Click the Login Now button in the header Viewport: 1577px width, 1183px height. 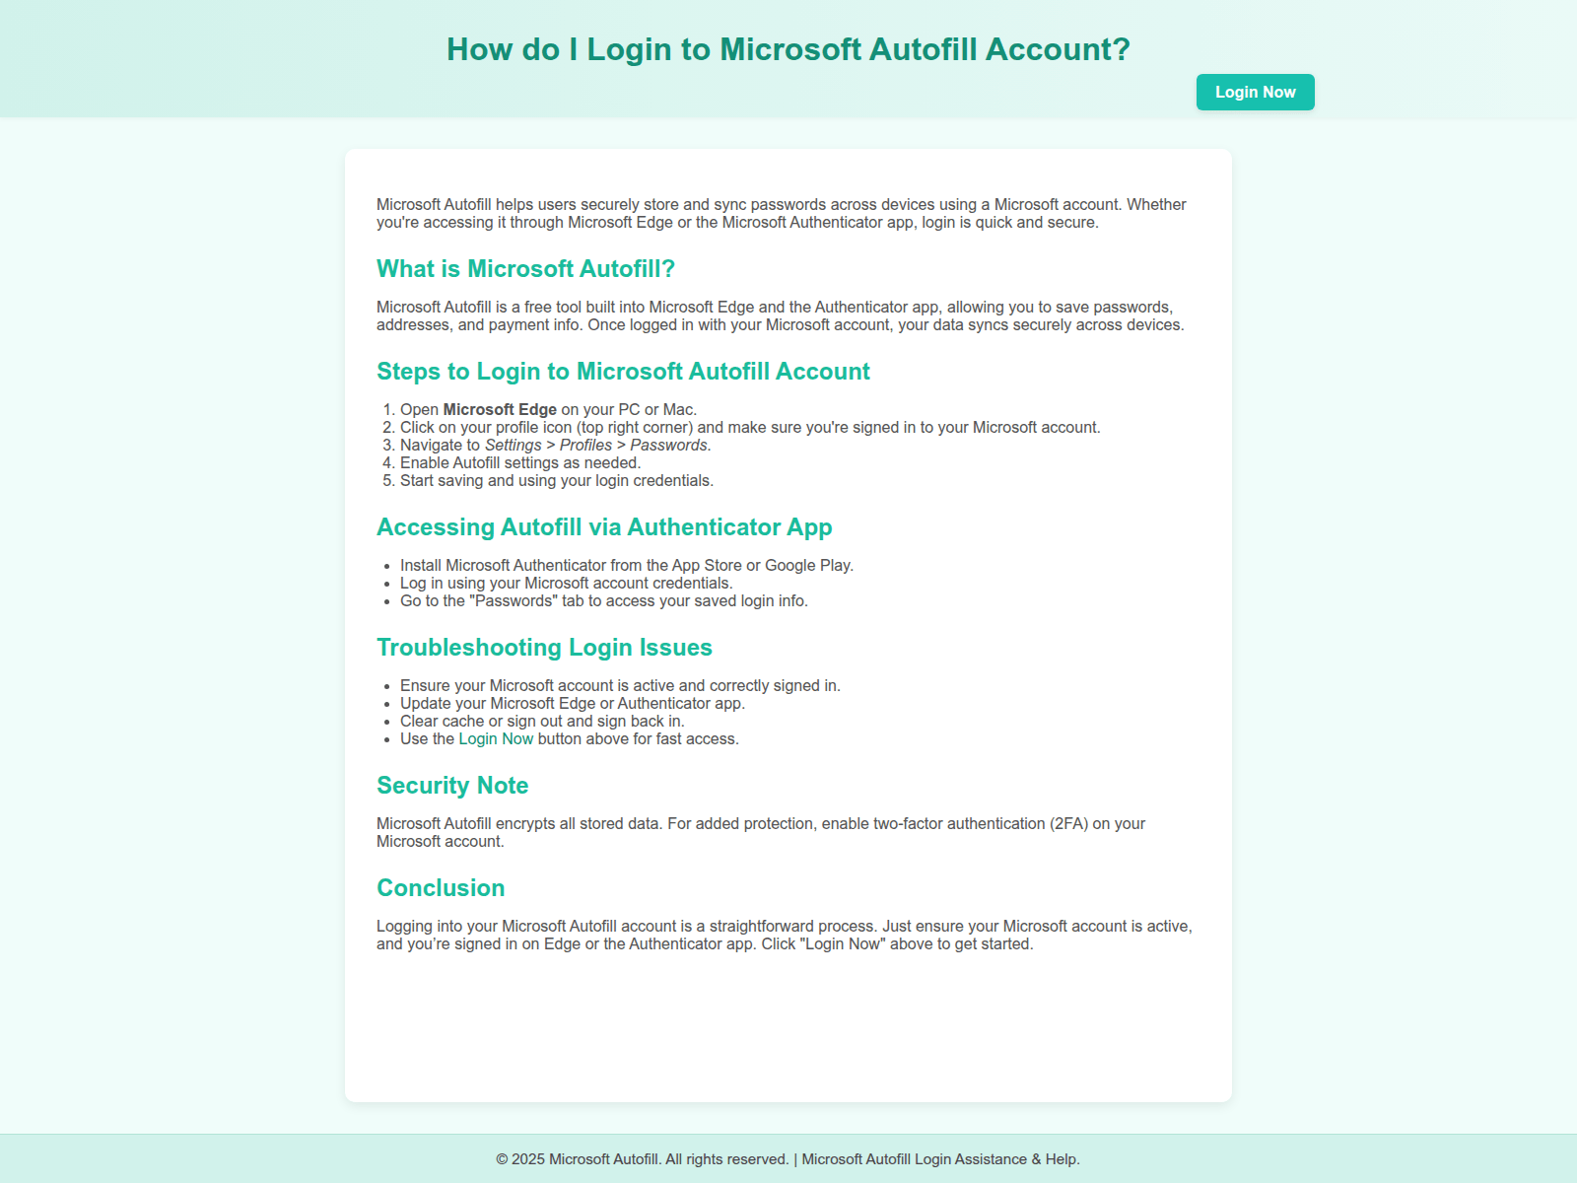1255,92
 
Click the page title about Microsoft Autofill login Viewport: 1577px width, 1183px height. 788,49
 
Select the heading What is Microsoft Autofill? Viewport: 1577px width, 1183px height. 525,269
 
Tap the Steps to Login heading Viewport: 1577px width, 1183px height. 623,372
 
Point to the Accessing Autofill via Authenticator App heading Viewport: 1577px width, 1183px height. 604,527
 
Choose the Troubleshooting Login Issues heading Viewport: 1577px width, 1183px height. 544,648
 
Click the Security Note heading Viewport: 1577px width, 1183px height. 452,786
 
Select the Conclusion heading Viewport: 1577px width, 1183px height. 441,888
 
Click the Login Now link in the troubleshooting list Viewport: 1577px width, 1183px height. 496,739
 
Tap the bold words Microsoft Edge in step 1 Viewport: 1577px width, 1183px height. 500,410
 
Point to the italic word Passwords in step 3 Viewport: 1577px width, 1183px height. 668,446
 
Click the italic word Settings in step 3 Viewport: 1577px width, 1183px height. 513,446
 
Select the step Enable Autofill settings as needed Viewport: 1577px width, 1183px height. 520,463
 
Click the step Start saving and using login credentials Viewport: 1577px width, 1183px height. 556,481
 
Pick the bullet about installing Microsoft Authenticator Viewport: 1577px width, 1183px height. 626,566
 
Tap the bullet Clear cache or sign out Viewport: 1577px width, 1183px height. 542,722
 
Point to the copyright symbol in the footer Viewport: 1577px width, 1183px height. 502,1159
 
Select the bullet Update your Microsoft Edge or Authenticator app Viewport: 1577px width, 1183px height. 572,704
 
